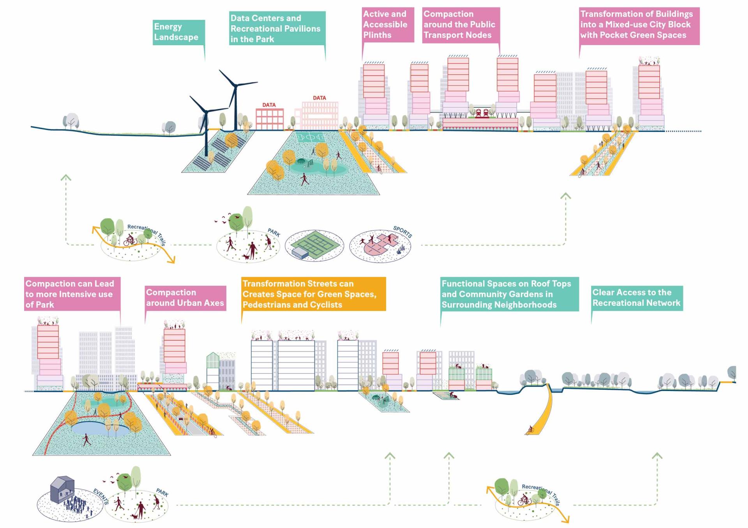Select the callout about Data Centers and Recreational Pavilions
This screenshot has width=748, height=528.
click(277, 28)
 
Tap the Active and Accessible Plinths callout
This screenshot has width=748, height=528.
click(387, 25)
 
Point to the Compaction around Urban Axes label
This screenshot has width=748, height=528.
click(185, 298)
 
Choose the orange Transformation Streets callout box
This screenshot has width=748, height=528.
click(313, 294)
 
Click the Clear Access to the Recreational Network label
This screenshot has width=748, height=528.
click(637, 298)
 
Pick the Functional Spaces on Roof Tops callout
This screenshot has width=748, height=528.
click(509, 294)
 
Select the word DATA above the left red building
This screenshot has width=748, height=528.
click(269, 105)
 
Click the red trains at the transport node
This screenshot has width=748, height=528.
click(482, 113)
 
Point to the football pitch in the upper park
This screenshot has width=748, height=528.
click(310, 137)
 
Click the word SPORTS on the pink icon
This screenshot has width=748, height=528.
click(402, 232)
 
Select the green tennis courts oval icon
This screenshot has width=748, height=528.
click(314, 246)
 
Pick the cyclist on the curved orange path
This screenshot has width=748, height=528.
click(530, 430)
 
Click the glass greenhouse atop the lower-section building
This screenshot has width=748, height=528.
click(213, 360)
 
